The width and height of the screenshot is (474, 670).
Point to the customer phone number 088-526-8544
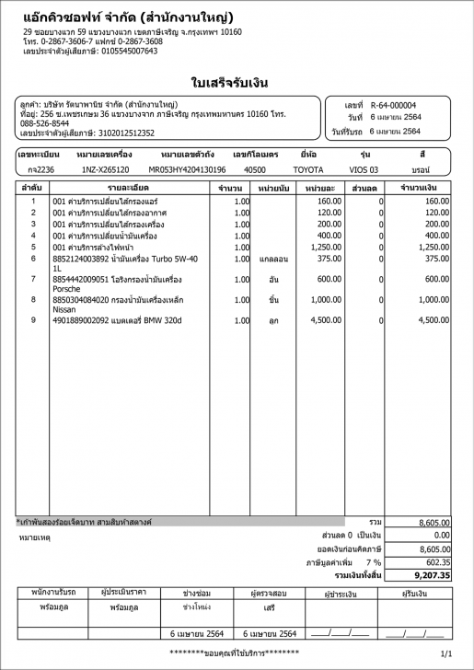click(x=44, y=123)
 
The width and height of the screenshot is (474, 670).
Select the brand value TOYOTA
click(x=308, y=170)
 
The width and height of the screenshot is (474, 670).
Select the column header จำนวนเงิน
click(x=419, y=188)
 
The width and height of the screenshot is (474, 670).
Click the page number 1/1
click(x=447, y=653)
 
